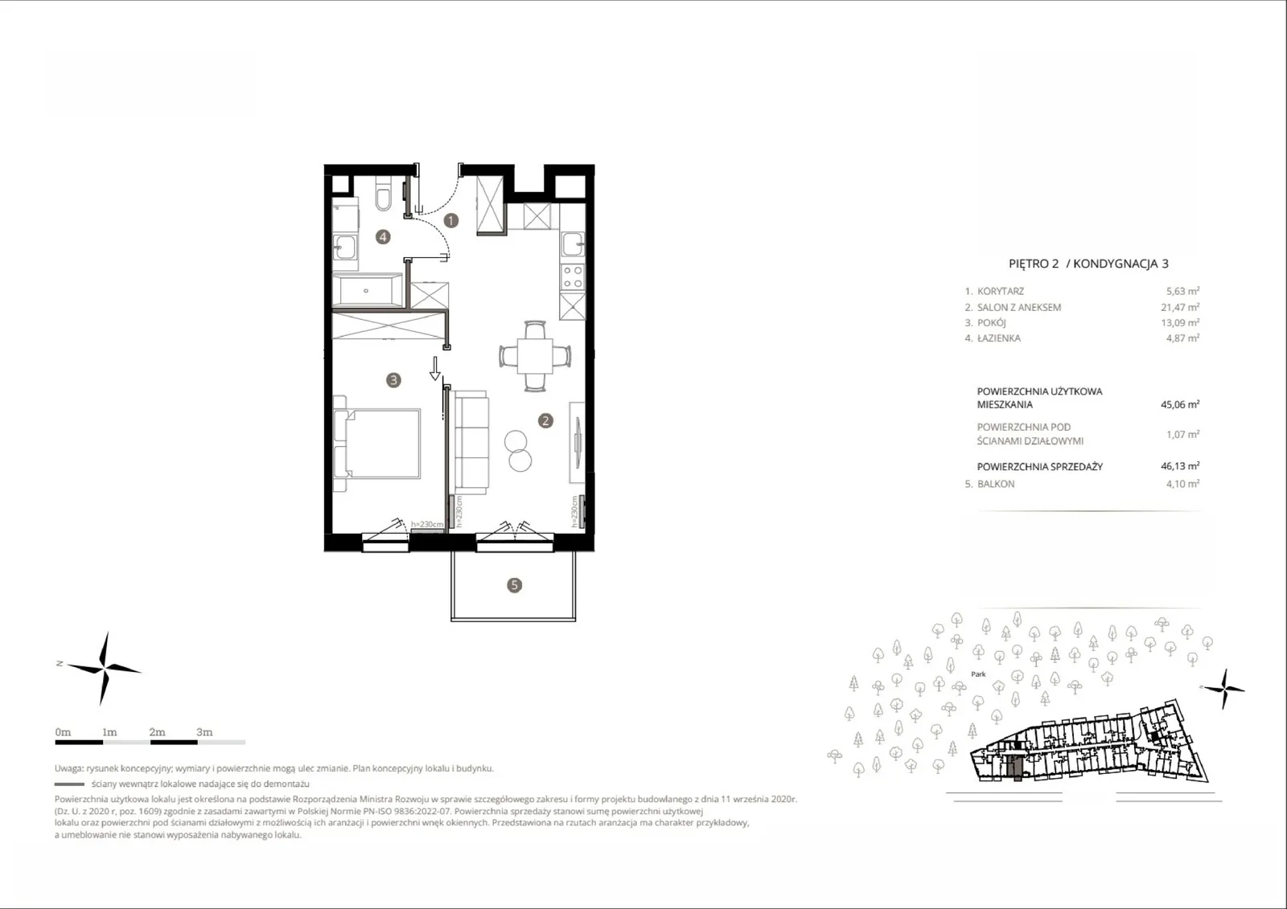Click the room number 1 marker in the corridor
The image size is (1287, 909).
tap(451, 220)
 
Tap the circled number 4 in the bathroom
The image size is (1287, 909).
tap(383, 236)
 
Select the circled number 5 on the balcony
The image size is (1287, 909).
tap(514, 585)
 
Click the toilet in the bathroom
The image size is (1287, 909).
tap(383, 194)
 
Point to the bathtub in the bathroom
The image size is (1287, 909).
tap(368, 290)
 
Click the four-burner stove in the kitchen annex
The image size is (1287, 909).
tap(572, 276)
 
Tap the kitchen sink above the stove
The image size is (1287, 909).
tap(573, 245)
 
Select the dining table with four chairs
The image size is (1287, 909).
tap(535, 356)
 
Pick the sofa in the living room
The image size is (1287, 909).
tap(470, 442)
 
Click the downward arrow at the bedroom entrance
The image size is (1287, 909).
tap(435, 368)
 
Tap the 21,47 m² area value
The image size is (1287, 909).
tap(1179, 307)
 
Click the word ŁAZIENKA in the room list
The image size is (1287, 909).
tap(998, 338)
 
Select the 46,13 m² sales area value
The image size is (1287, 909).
tap(1179, 465)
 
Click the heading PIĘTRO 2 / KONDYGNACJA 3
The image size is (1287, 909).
tap(1088, 264)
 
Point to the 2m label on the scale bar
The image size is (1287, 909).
tap(157, 732)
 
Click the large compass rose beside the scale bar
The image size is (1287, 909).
tap(104, 669)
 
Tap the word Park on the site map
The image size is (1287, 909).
tap(978, 674)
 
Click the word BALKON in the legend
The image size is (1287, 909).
tap(996, 484)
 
